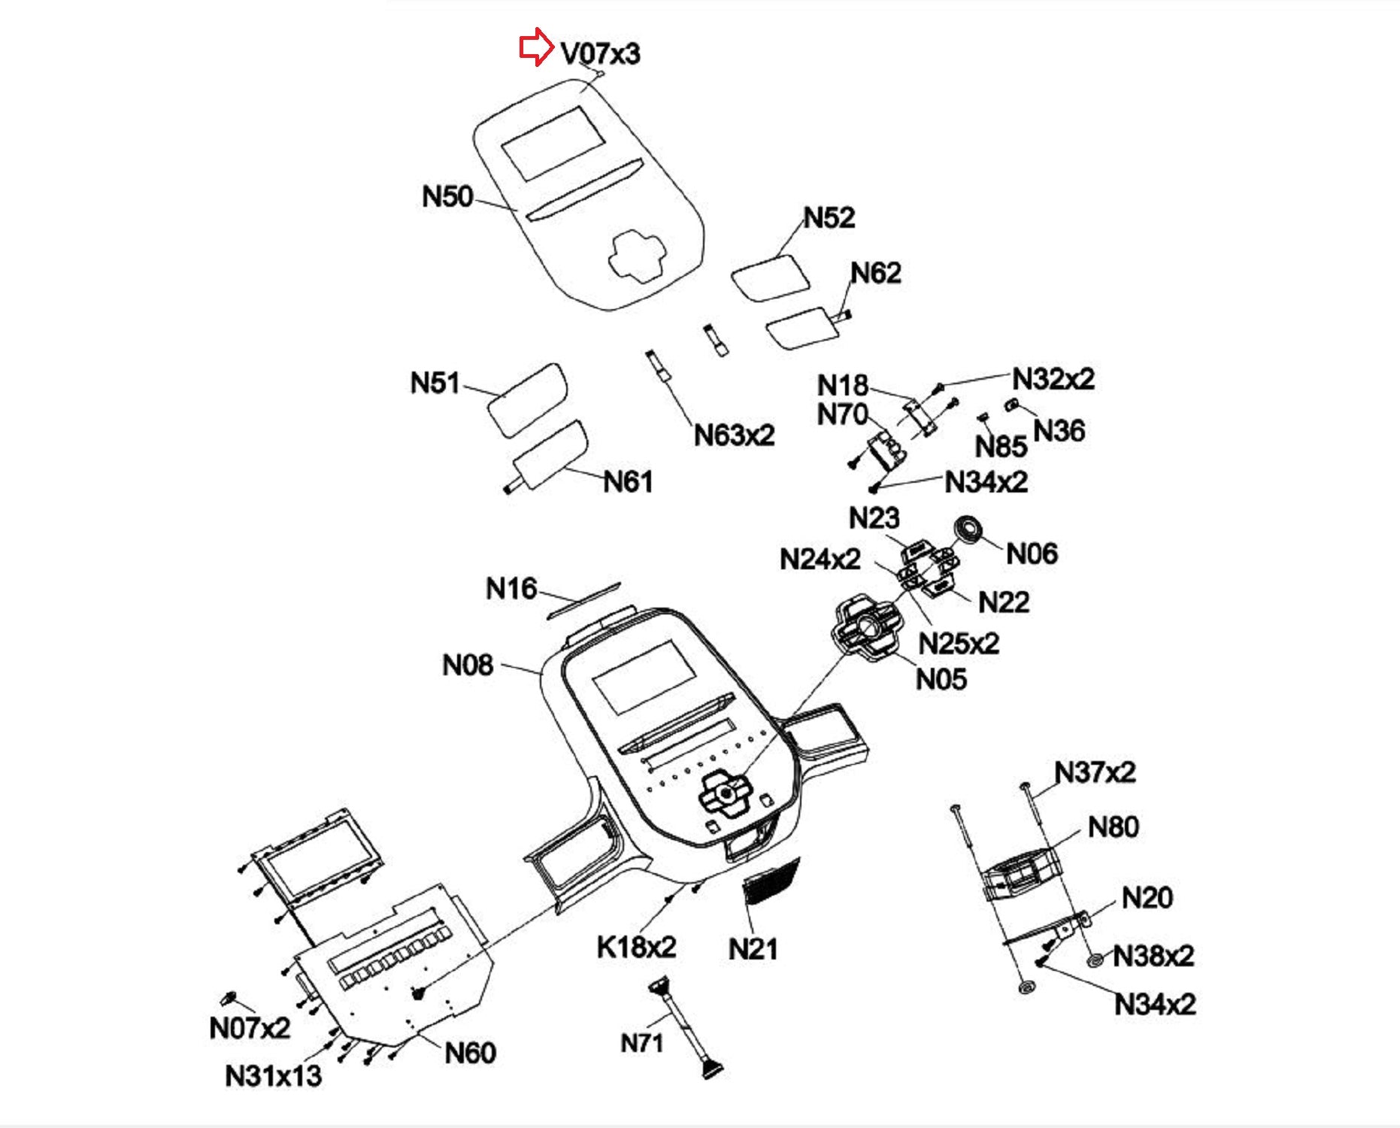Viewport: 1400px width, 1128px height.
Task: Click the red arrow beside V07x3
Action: click(536, 47)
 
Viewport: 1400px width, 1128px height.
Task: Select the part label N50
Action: click(447, 197)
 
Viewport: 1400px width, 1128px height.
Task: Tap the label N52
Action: click(829, 218)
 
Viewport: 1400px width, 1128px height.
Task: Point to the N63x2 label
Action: click(734, 435)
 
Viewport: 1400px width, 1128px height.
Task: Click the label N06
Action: click(1032, 554)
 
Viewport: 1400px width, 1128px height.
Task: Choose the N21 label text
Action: click(753, 949)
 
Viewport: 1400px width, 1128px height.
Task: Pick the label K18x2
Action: click(636, 947)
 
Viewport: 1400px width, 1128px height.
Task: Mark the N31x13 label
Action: click(273, 1076)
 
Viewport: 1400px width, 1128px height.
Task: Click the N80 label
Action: click(1113, 827)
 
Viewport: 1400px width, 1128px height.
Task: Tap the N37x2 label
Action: click(1095, 772)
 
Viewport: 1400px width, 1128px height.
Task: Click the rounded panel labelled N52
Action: click(770, 277)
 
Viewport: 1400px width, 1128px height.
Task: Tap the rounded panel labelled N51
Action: click(526, 399)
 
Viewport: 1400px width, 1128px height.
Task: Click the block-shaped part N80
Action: click(1021, 872)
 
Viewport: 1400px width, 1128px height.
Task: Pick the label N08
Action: click(468, 666)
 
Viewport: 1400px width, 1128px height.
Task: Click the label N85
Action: click(1001, 447)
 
